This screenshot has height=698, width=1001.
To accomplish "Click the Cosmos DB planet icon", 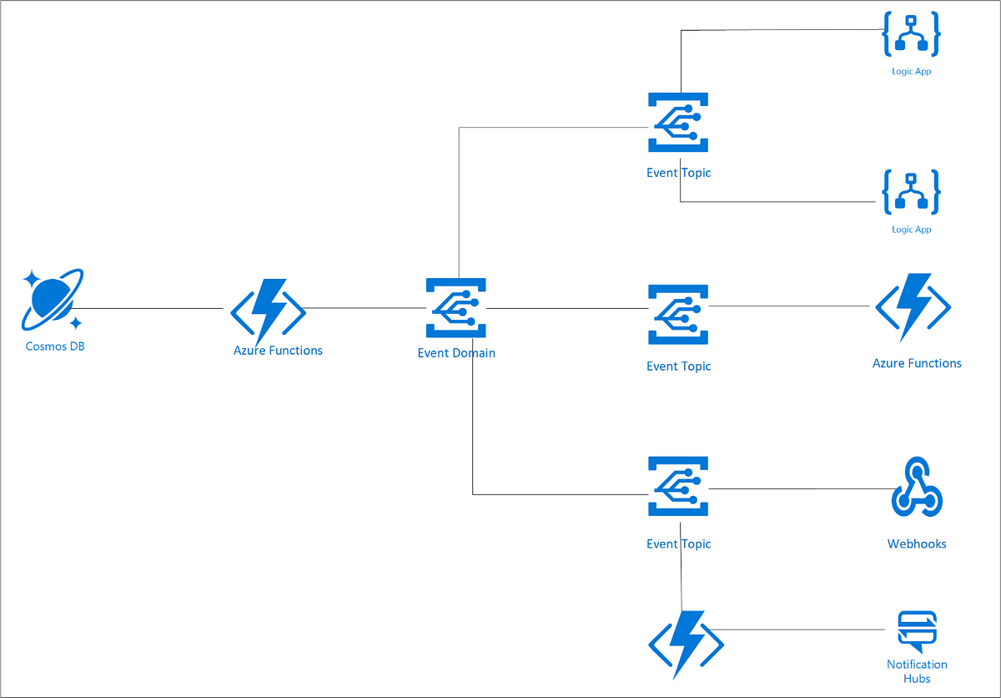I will (x=52, y=298).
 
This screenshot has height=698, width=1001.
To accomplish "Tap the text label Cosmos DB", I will (x=55, y=346).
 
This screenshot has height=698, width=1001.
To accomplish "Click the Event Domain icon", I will (x=455, y=308).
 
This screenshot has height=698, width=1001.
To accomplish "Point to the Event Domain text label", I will (x=456, y=353).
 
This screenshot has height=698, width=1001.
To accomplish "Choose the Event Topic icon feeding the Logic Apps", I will (x=678, y=123).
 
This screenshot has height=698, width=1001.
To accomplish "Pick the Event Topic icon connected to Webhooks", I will (x=678, y=487).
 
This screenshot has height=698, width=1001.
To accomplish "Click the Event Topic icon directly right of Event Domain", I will (x=678, y=314).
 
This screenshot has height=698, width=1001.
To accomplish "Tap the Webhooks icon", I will (x=917, y=487).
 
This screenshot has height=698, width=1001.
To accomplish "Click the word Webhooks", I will (x=917, y=544).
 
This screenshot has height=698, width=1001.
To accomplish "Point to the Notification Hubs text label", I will (x=917, y=671).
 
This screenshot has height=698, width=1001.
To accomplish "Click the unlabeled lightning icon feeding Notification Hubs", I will (x=686, y=644).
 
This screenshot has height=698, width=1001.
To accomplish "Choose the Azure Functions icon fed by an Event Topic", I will (x=913, y=306).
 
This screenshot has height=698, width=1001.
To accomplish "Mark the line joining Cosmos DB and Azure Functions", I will (x=150, y=308).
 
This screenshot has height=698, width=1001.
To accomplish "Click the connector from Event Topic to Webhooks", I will (x=801, y=488).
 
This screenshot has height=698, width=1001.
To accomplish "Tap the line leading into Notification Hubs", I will (x=801, y=630).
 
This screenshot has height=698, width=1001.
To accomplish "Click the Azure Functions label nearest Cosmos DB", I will (x=278, y=351).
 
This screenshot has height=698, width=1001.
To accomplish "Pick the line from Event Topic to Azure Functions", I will (x=788, y=306).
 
